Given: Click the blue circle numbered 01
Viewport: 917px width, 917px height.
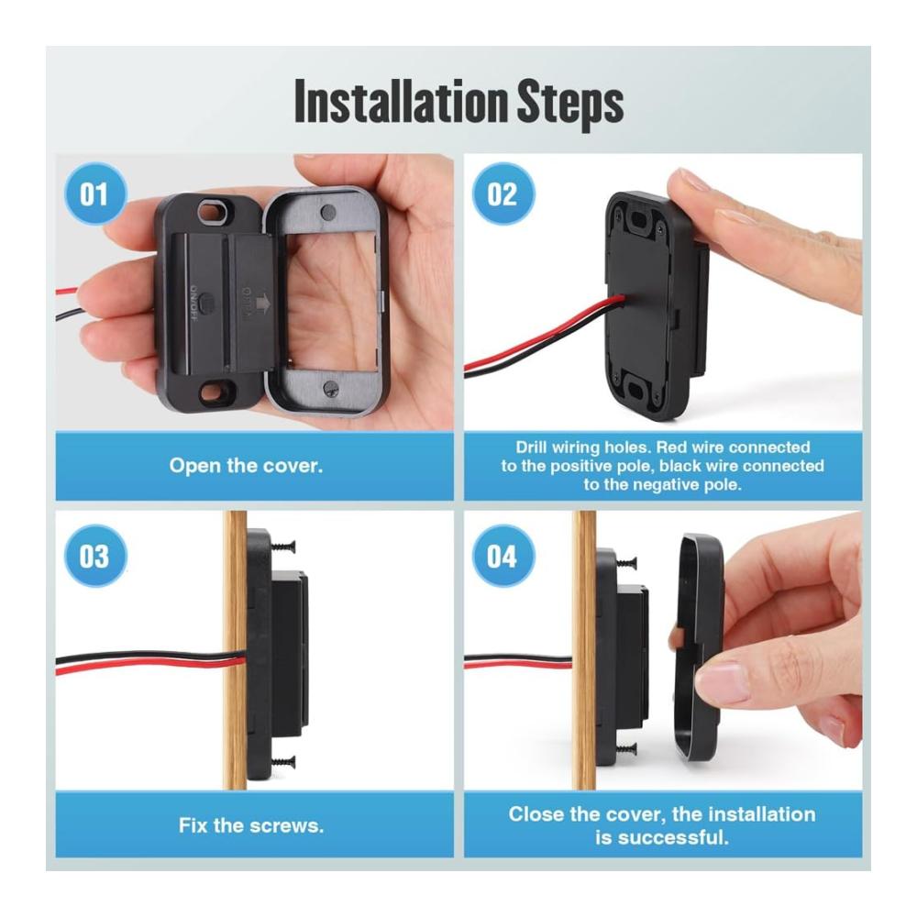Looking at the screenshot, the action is click(94, 194).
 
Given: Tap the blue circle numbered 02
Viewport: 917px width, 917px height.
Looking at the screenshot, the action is click(503, 194).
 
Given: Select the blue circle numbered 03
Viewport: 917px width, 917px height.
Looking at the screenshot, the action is click(94, 557).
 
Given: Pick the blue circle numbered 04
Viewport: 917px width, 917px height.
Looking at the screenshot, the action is click(503, 557).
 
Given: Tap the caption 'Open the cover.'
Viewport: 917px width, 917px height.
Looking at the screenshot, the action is click(246, 466).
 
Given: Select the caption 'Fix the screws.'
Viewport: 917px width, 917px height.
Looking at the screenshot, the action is click(251, 825).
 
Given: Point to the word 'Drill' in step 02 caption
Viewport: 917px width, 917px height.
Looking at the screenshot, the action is click(531, 447).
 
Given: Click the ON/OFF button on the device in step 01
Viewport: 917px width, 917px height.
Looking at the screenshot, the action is click(206, 304).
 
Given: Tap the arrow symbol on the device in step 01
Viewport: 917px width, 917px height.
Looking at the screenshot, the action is click(262, 304).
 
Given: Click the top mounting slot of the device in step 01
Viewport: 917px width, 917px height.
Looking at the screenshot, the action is click(213, 212).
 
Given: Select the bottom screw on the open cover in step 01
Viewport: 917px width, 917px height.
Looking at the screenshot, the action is click(330, 387).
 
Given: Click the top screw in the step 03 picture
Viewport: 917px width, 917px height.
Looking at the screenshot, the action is click(282, 547).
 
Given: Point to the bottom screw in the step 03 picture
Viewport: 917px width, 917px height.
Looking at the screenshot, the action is click(282, 761).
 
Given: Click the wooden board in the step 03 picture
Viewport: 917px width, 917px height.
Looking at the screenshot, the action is click(235, 650).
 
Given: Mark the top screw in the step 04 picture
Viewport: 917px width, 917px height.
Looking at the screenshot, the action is click(624, 563).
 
